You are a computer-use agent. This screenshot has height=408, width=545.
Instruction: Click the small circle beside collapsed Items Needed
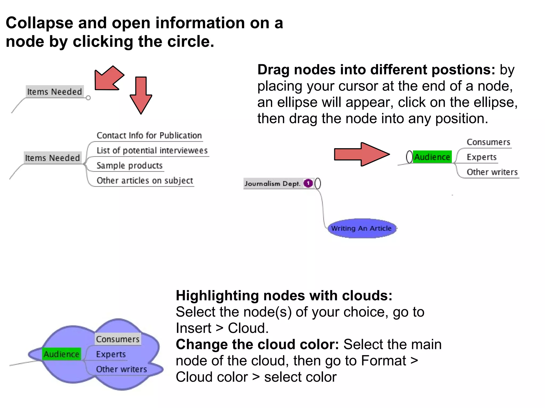[x=88, y=98]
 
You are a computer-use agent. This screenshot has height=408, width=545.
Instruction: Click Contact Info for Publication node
[x=149, y=135]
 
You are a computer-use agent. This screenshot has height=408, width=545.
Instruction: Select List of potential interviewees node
[x=152, y=151]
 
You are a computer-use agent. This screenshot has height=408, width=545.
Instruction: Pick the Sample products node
[x=129, y=165]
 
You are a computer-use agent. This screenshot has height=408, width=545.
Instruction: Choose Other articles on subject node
[x=144, y=181]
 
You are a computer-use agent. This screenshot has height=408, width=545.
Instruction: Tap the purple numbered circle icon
[x=308, y=183]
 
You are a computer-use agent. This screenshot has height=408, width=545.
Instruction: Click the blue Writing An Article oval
[x=361, y=228]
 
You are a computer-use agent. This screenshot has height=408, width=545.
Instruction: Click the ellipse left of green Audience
[x=409, y=157]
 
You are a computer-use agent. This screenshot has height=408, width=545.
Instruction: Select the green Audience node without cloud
[x=432, y=157]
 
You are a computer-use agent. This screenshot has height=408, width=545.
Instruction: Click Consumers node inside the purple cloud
[x=118, y=339]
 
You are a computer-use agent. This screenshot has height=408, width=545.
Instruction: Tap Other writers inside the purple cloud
[x=121, y=369]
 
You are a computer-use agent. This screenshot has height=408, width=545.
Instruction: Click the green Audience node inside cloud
[x=61, y=354]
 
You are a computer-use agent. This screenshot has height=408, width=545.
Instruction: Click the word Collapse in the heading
[x=39, y=23]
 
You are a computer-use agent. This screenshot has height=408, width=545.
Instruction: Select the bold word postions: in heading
[x=463, y=70]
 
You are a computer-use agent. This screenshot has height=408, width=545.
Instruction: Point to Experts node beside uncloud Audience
[x=481, y=157]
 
